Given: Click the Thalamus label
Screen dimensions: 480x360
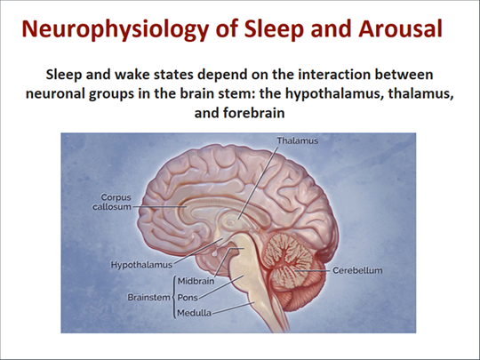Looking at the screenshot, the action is click(297, 140).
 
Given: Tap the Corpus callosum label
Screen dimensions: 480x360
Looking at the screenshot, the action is click(112, 202).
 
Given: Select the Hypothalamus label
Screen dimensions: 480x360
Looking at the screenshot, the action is click(141, 265).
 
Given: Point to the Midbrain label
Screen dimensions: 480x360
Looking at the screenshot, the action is click(196, 281).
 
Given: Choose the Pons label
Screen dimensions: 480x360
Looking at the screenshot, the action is click(188, 297).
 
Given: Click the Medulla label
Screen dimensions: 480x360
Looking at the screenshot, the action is click(194, 313).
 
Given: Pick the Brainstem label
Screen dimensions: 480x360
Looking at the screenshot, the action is click(148, 297).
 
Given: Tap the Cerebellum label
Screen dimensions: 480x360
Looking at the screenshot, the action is click(357, 270).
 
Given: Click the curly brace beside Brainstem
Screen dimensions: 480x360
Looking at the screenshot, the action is click(174, 297).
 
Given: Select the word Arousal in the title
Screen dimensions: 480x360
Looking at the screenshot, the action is click(400, 28).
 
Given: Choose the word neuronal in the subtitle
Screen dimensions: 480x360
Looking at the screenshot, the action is click(55, 93).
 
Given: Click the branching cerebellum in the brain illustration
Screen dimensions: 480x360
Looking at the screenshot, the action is click(287, 261).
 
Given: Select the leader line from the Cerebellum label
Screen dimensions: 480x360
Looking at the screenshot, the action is click(313, 271).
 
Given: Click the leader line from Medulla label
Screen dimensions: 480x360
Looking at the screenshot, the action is click(233, 308).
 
